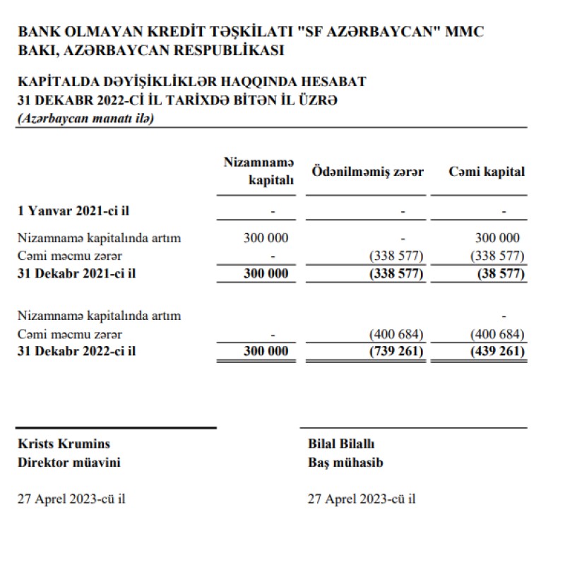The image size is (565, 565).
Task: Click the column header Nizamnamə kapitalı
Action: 258,171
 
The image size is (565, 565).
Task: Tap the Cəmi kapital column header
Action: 487,172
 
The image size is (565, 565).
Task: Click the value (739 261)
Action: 395,352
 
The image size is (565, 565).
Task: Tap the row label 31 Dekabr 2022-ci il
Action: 76,352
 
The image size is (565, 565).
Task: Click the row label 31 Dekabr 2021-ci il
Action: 76,274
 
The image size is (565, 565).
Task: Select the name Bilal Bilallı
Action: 341,444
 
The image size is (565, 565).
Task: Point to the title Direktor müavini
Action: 69,463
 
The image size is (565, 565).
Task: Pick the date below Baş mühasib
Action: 362,499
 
